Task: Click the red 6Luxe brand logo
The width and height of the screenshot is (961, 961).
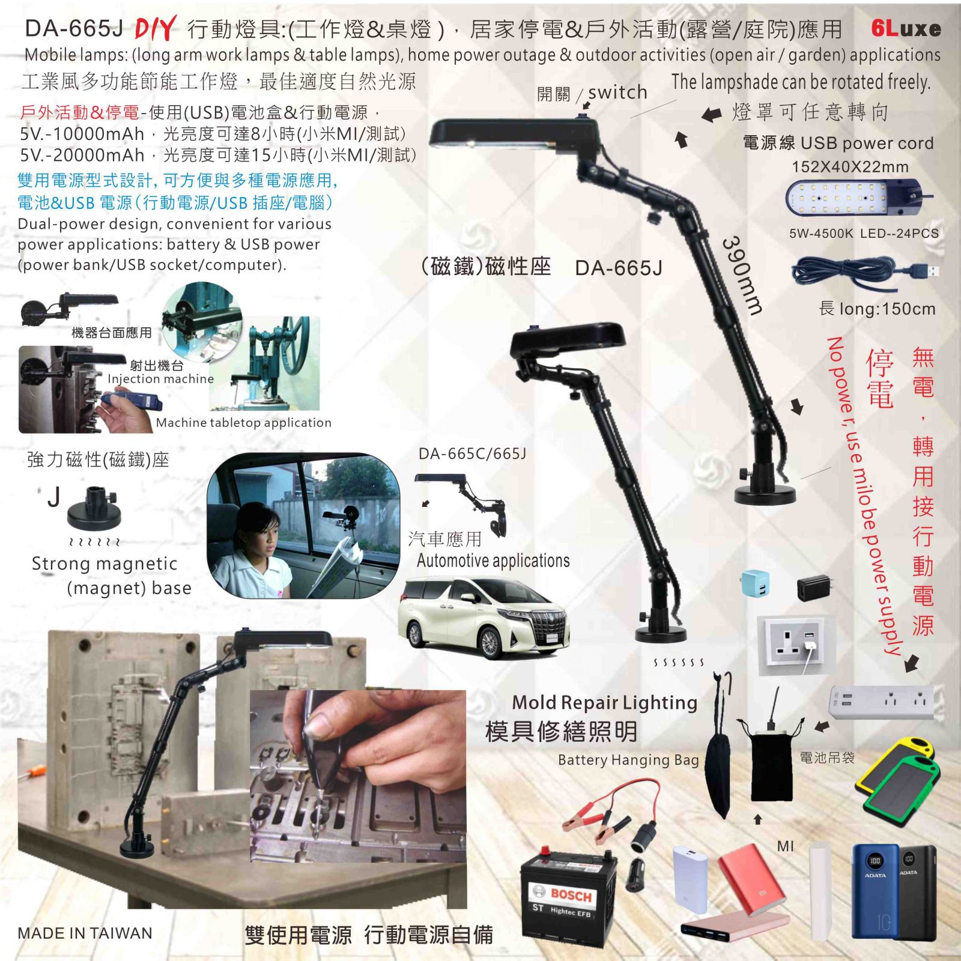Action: pos(906,28)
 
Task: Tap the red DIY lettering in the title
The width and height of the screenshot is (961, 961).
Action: pos(156,28)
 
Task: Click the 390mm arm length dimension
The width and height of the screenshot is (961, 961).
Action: pos(742,275)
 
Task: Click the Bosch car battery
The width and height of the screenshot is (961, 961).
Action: pos(568,892)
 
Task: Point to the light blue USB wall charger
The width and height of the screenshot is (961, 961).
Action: pos(755,583)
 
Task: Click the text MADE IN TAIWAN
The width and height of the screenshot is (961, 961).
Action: pos(85,933)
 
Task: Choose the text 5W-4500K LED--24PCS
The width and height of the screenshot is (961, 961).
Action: pos(864,234)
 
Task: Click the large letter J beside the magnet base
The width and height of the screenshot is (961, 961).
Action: pos(54,497)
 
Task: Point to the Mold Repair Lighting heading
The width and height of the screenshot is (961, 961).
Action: pos(605,702)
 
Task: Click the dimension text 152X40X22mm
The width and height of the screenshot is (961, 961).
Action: pos(850,167)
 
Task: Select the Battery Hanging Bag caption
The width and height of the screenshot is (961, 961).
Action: pos(628,760)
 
